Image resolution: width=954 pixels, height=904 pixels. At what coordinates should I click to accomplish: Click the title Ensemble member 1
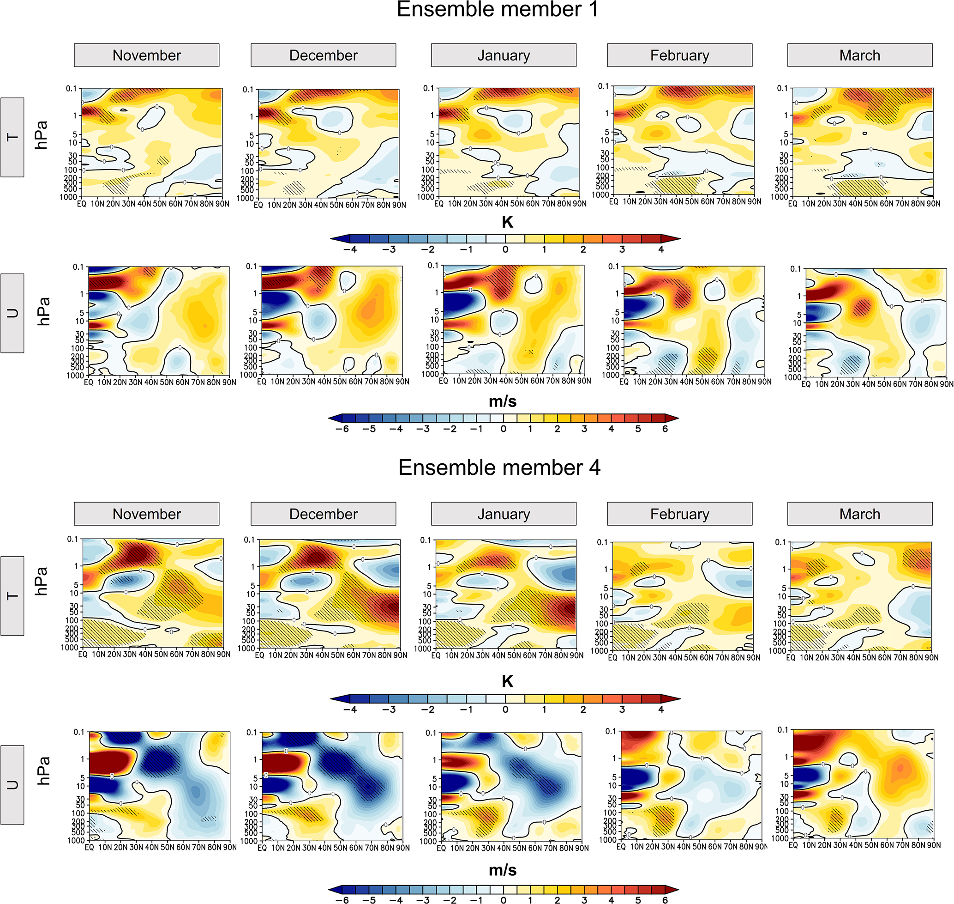pos(498,10)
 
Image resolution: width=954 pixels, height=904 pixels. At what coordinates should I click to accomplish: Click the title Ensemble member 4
pos(499,468)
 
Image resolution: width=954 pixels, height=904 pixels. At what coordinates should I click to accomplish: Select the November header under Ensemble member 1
pos(146,55)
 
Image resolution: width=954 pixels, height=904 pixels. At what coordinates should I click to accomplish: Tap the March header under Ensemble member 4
pos(859,514)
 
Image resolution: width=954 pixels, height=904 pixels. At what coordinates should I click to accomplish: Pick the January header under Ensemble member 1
pos(503,55)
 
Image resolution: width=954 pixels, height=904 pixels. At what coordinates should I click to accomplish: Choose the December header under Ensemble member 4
pos(323,514)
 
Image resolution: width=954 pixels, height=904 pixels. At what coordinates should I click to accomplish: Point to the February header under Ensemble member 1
pos(679,55)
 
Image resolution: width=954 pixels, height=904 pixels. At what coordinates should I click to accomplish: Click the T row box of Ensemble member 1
pos(12,137)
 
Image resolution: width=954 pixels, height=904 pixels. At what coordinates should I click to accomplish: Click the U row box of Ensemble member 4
pos(12,785)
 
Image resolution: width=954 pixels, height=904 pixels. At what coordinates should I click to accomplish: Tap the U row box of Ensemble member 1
pos(12,313)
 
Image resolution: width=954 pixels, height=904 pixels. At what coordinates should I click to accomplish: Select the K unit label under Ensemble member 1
pos(507,222)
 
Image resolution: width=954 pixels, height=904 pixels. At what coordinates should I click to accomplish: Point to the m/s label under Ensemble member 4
pos(503,870)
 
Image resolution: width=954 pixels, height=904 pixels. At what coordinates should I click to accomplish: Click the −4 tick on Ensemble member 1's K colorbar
pos(351,249)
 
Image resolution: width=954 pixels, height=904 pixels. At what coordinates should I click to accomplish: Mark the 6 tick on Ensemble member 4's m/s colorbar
pos(665,900)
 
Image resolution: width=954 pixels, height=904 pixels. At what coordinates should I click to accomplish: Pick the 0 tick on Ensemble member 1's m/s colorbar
pos(503,429)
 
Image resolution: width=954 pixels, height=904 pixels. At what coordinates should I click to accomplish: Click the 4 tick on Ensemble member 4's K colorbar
pos(661,710)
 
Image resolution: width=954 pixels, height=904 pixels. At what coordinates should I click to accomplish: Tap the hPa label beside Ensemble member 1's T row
pos(42,135)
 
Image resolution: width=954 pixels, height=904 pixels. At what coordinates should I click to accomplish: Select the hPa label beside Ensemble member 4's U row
pos(43,771)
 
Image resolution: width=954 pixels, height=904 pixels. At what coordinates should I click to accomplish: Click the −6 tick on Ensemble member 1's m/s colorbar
pos(342,429)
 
